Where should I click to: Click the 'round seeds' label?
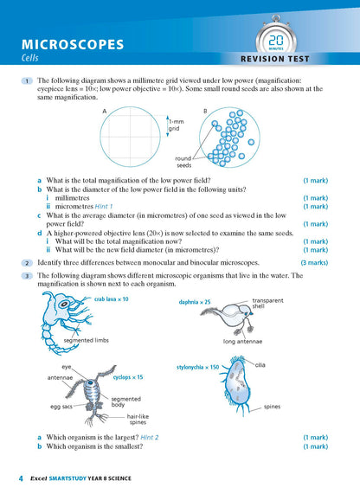(183, 162)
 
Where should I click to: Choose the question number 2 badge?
(28, 262)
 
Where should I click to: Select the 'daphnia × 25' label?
(193, 302)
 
